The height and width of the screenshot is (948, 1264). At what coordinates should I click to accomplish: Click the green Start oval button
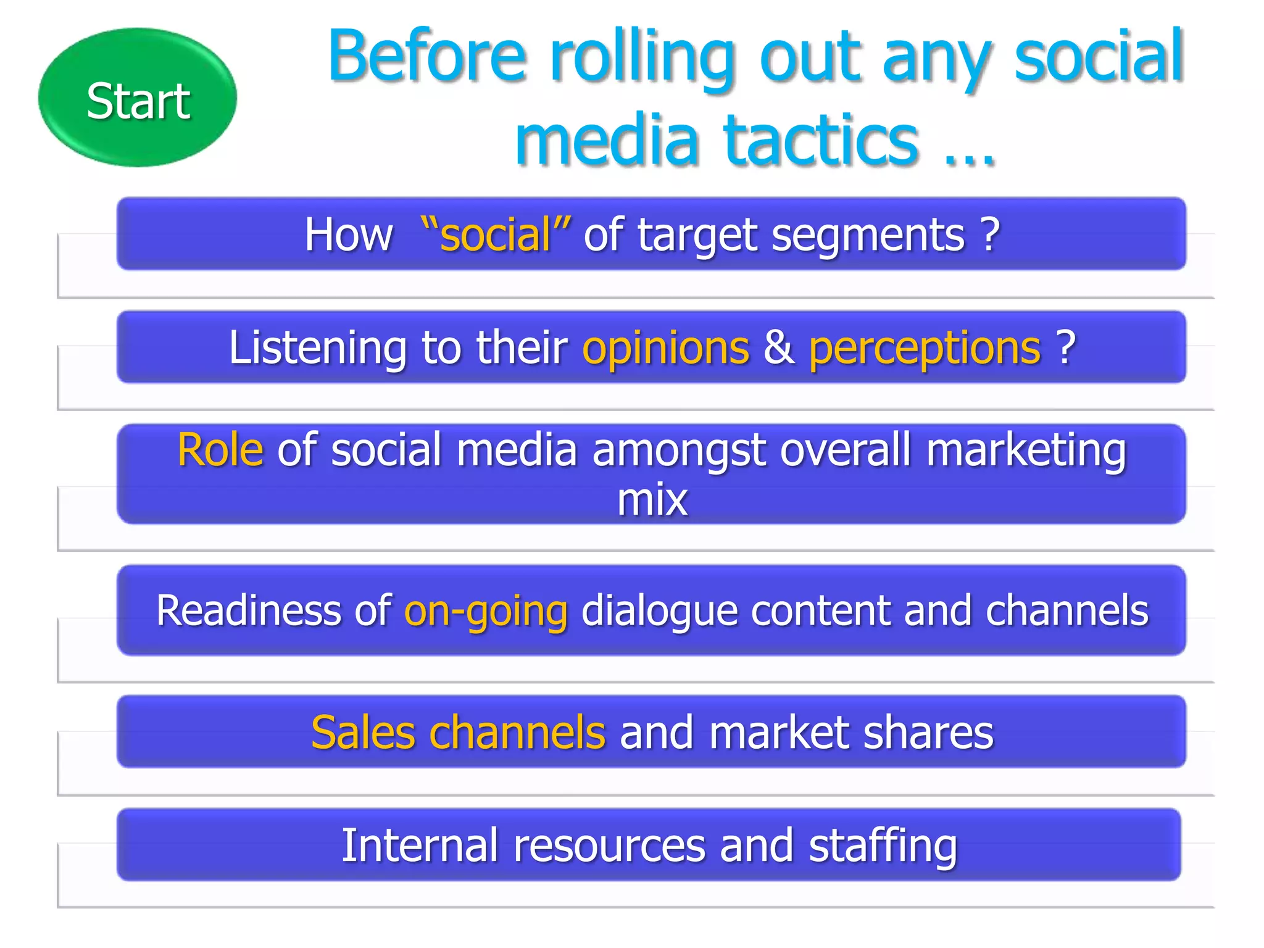[137, 98]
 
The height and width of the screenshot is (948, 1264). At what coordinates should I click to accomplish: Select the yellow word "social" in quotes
[496, 235]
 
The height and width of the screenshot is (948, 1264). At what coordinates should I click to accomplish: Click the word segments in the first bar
[868, 235]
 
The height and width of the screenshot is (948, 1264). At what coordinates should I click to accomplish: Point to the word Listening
[317, 348]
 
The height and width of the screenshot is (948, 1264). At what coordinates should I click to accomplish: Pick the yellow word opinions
[665, 348]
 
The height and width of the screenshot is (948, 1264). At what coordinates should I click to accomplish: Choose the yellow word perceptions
[925, 348]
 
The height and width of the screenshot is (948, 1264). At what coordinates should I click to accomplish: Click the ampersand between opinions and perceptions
[779, 348]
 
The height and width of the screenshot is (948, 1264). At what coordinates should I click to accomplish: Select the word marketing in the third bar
[1026, 451]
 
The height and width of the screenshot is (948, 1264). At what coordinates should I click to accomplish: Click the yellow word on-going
[486, 611]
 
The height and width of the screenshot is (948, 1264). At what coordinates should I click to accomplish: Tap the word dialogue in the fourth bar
[659, 611]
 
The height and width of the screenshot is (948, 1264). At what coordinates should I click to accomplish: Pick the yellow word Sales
[363, 733]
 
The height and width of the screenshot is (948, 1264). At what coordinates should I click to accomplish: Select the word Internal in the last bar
[420, 846]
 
